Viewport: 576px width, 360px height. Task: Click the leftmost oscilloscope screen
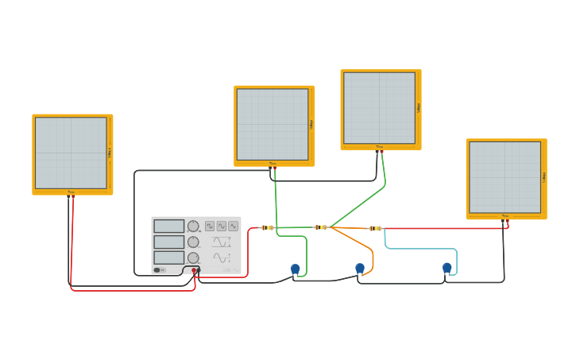click(71, 153)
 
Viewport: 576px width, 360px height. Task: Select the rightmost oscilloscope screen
click(504, 177)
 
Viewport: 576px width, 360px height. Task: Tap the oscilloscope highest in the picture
click(379, 108)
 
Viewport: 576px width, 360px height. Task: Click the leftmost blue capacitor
click(296, 269)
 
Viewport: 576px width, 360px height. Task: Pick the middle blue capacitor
click(360, 268)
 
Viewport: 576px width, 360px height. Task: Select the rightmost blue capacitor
click(447, 268)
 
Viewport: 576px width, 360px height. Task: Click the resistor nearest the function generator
click(267, 228)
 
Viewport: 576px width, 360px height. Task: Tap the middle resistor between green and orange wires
click(321, 228)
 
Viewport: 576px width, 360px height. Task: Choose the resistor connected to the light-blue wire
click(375, 229)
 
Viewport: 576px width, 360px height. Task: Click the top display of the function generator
click(168, 226)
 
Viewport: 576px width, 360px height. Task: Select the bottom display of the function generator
click(168, 257)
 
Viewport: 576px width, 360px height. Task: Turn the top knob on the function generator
click(193, 226)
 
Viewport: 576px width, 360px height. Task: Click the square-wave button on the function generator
click(210, 226)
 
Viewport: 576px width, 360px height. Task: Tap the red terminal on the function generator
click(194, 270)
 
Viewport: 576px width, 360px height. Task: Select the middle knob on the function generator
click(193, 242)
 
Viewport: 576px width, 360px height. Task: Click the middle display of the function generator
click(168, 242)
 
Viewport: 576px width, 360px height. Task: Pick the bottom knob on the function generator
click(193, 257)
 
